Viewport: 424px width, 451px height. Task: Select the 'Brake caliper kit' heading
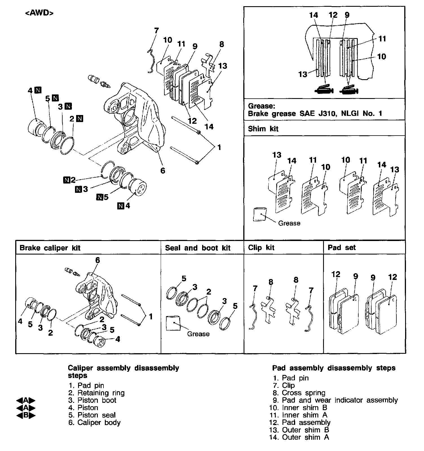(x=50, y=248)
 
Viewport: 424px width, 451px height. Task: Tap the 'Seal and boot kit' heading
(x=198, y=248)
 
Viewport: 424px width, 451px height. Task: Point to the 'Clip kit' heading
(x=261, y=248)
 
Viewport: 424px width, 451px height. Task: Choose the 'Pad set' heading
(x=341, y=248)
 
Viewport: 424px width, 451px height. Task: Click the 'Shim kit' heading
(x=263, y=129)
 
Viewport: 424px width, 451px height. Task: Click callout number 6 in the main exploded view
(x=163, y=171)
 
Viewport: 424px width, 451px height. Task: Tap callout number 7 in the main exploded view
(x=156, y=30)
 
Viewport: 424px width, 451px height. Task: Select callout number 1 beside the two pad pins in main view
(x=219, y=147)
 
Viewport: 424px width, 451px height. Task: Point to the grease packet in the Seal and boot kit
(x=173, y=323)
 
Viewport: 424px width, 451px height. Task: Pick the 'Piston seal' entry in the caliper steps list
(x=96, y=415)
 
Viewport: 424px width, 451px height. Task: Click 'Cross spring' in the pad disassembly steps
(x=303, y=393)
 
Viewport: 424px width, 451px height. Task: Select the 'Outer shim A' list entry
(x=305, y=437)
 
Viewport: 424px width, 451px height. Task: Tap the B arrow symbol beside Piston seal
(x=26, y=415)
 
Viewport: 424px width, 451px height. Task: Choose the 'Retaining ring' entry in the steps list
(x=101, y=393)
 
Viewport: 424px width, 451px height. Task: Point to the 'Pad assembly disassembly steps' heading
(x=334, y=368)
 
